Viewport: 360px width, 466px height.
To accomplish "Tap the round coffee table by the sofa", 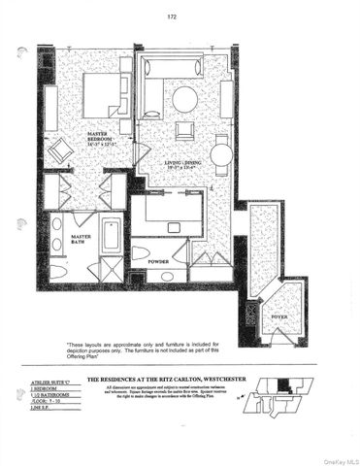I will [x=184, y=98].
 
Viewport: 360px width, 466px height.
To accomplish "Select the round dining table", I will [x=221, y=153].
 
